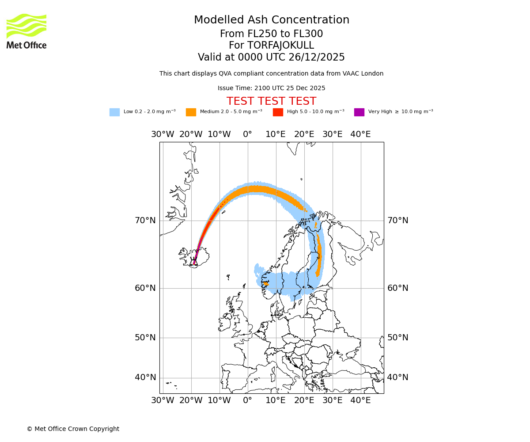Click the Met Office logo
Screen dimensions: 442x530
coord(26,31)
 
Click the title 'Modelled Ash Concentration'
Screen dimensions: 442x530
coord(271,20)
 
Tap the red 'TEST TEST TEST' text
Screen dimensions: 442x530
coord(271,102)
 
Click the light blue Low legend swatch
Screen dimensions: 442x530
coord(114,112)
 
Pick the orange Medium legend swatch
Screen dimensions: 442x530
coord(191,112)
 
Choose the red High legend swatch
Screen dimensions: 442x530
coord(278,112)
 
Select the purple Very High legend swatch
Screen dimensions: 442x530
coord(359,112)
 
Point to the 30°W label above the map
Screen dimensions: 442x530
coord(163,134)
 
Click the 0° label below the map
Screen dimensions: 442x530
coord(247,400)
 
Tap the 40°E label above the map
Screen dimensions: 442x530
coord(360,134)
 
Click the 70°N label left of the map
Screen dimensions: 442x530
coord(145,221)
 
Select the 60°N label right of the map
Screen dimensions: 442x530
coord(398,288)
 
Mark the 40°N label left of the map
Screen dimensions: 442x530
coord(145,377)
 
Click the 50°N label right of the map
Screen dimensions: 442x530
coord(398,338)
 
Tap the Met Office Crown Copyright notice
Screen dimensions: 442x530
coord(73,429)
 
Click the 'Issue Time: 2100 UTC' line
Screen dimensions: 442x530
coord(271,88)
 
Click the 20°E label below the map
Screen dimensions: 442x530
coord(304,400)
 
